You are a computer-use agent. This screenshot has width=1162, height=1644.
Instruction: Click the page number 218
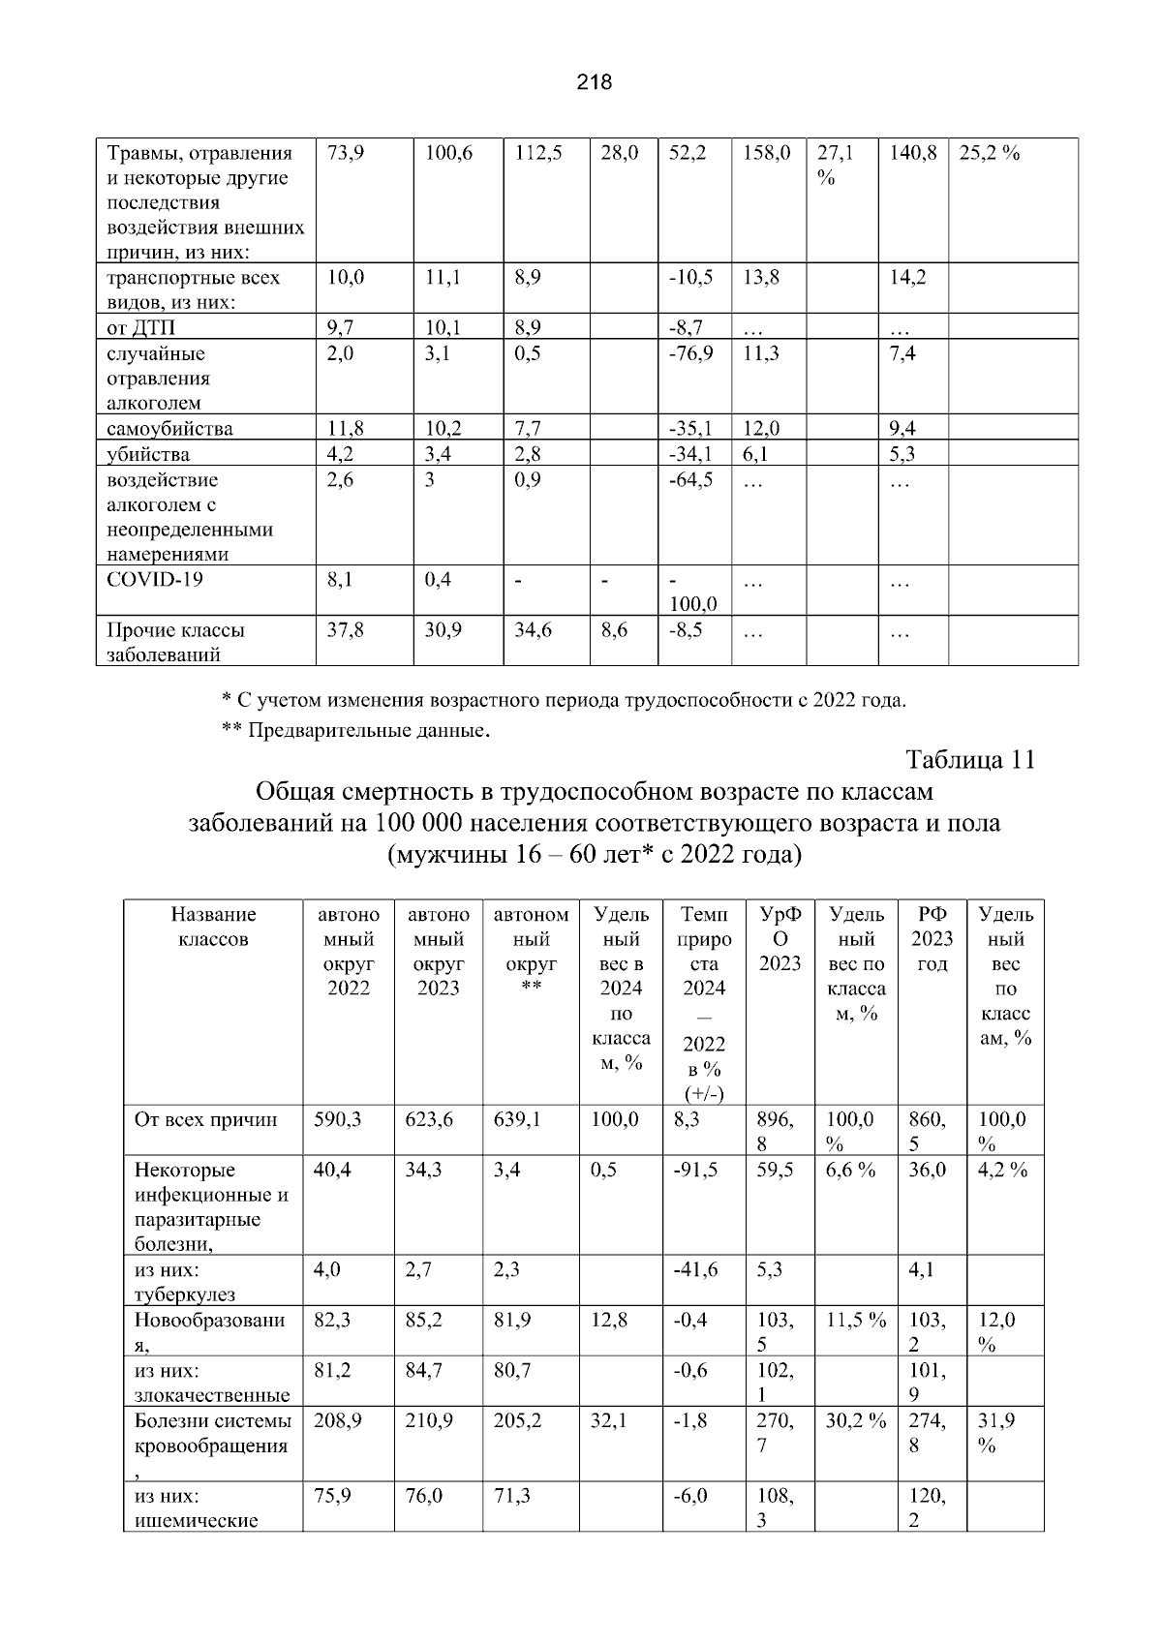pos(594,82)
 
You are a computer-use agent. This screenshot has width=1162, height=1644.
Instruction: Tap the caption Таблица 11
pos(970,760)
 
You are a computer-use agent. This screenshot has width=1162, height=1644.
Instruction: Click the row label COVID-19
pos(154,580)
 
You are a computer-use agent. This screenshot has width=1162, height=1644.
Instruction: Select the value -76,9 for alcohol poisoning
pos(691,353)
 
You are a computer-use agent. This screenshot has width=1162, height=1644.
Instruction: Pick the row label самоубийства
pos(169,429)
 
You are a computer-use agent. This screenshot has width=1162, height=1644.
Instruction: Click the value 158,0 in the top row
pos(767,153)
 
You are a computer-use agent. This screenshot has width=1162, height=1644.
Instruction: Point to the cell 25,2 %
pos(989,153)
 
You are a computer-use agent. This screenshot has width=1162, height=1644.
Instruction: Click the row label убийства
pos(148,454)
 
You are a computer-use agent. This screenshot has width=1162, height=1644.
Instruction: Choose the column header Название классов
pos(213,927)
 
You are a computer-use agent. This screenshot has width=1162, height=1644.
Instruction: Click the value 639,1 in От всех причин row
pos(517,1119)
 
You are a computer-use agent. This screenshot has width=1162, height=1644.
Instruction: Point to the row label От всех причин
pos(205,1120)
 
